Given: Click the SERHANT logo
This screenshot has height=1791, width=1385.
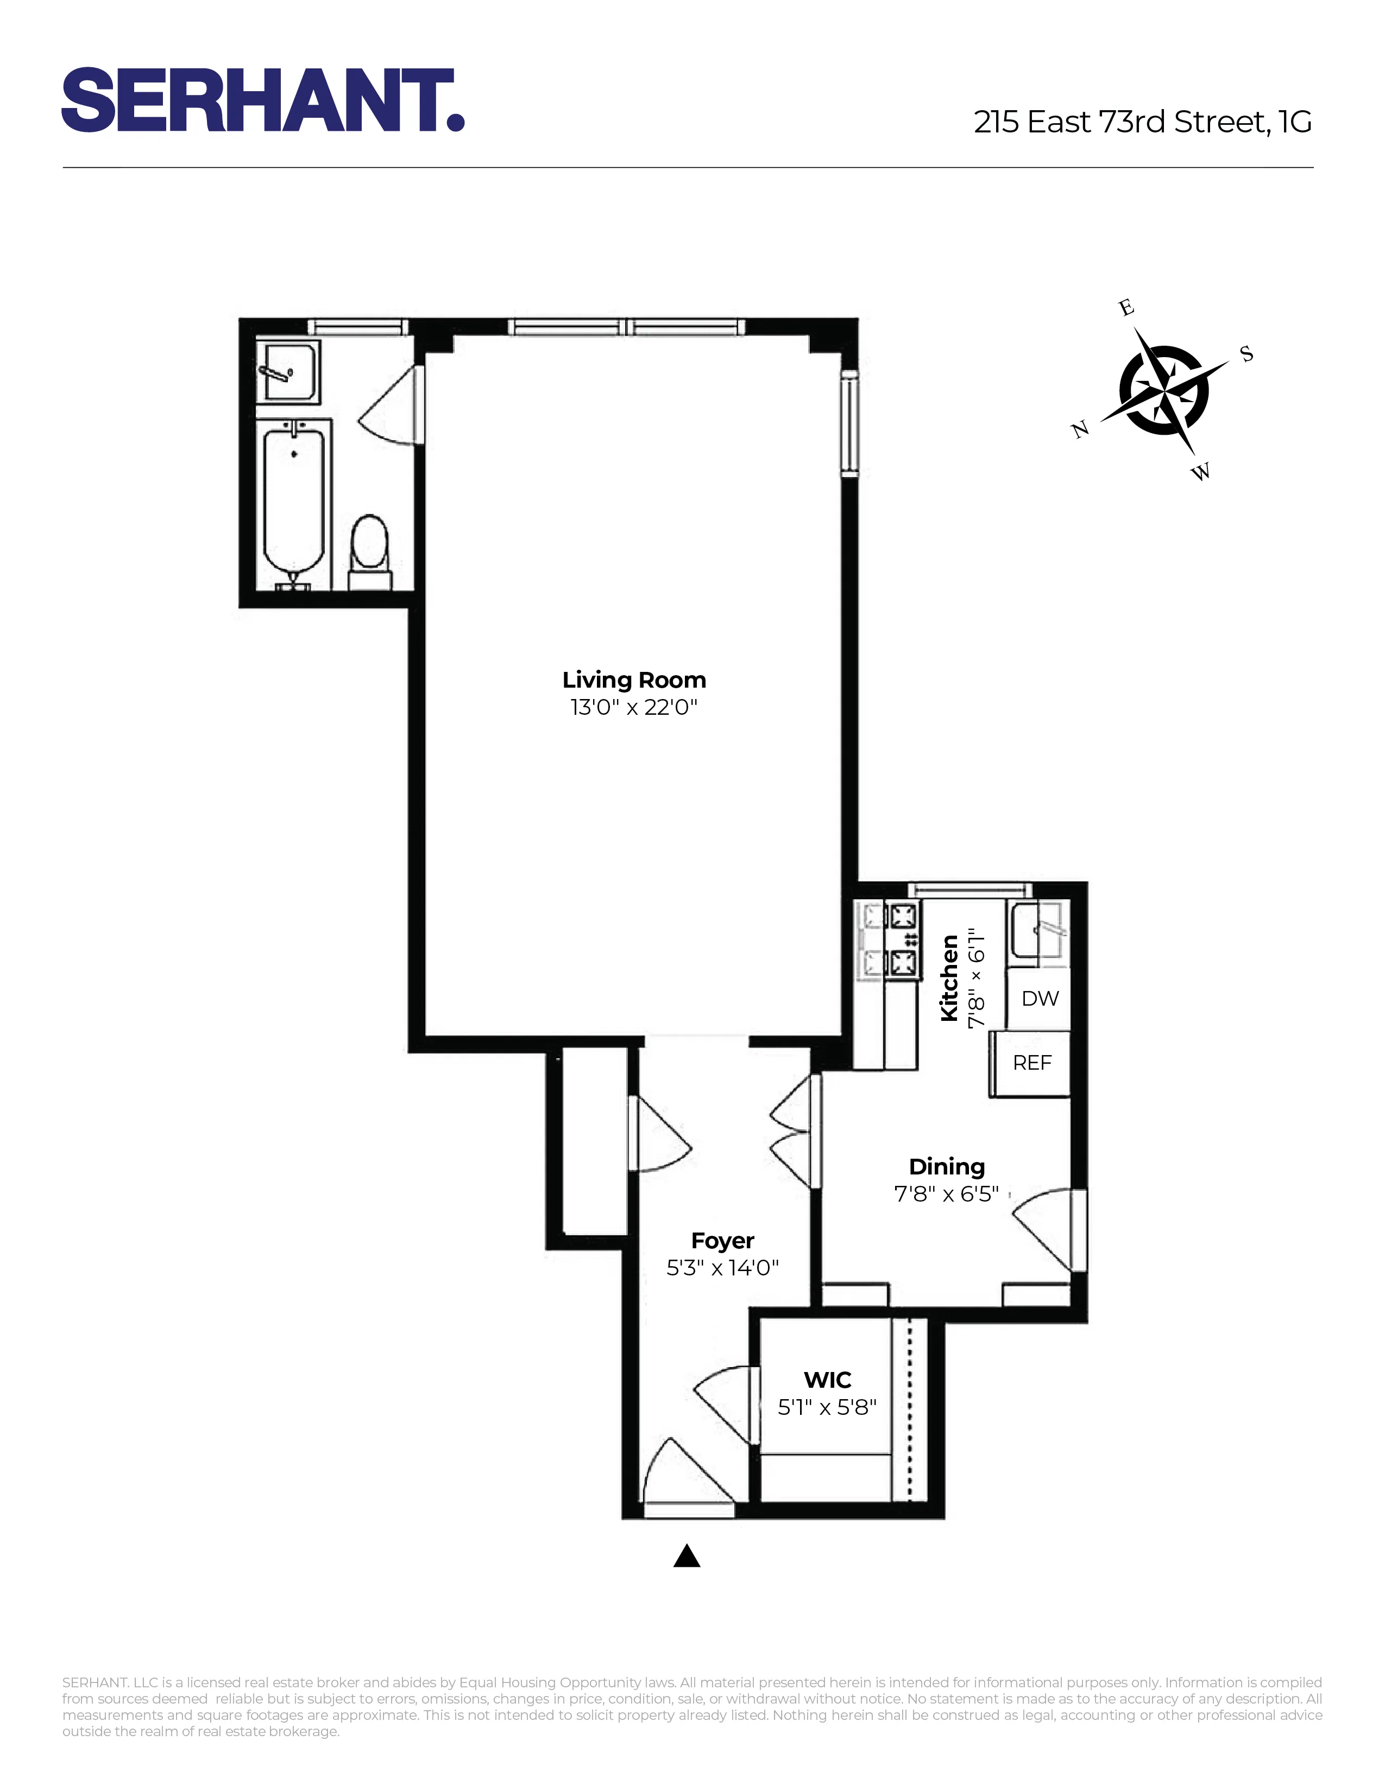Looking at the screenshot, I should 262,100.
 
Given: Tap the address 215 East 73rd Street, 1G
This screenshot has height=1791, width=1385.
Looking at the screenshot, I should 1142,122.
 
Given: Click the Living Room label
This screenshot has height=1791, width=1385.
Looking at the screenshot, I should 633,680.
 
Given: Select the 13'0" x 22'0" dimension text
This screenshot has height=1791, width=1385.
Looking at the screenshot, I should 633,707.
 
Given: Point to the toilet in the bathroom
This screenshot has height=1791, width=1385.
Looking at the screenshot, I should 369,545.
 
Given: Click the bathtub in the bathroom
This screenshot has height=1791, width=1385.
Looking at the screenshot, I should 294,500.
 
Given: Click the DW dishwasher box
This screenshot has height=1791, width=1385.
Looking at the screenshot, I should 1040,998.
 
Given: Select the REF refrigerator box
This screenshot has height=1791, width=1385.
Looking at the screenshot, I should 1031,1063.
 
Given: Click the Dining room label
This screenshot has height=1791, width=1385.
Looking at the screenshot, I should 946,1167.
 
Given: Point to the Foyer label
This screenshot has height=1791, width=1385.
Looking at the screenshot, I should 722,1241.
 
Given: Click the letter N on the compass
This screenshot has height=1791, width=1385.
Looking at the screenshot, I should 1080,429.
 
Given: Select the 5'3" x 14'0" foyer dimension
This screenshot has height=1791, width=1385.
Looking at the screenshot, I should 722,1268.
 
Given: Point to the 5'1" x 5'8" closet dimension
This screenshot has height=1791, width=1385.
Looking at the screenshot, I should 827,1407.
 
